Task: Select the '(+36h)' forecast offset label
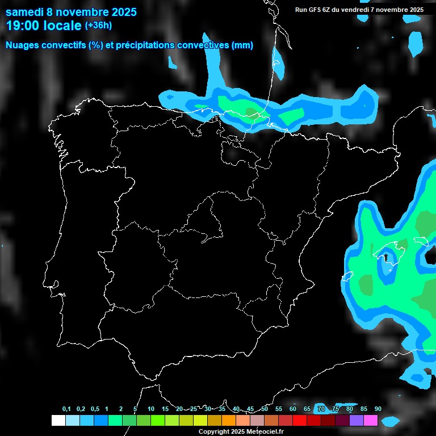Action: (x=98, y=25)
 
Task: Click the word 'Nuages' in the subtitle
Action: (x=23, y=45)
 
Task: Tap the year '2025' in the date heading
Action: (x=120, y=12)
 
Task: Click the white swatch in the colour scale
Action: (x=58, y=421)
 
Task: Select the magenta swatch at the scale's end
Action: (x=371, y=421)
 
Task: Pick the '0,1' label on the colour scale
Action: (x=66, y=409)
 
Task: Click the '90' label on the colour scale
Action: (x=378, y=409)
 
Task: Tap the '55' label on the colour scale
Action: (x=279, y=409)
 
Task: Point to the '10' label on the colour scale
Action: (x=151, y=409)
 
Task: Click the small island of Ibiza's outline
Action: (x=347, y=277)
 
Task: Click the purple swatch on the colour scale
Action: (x=357, y=421)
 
